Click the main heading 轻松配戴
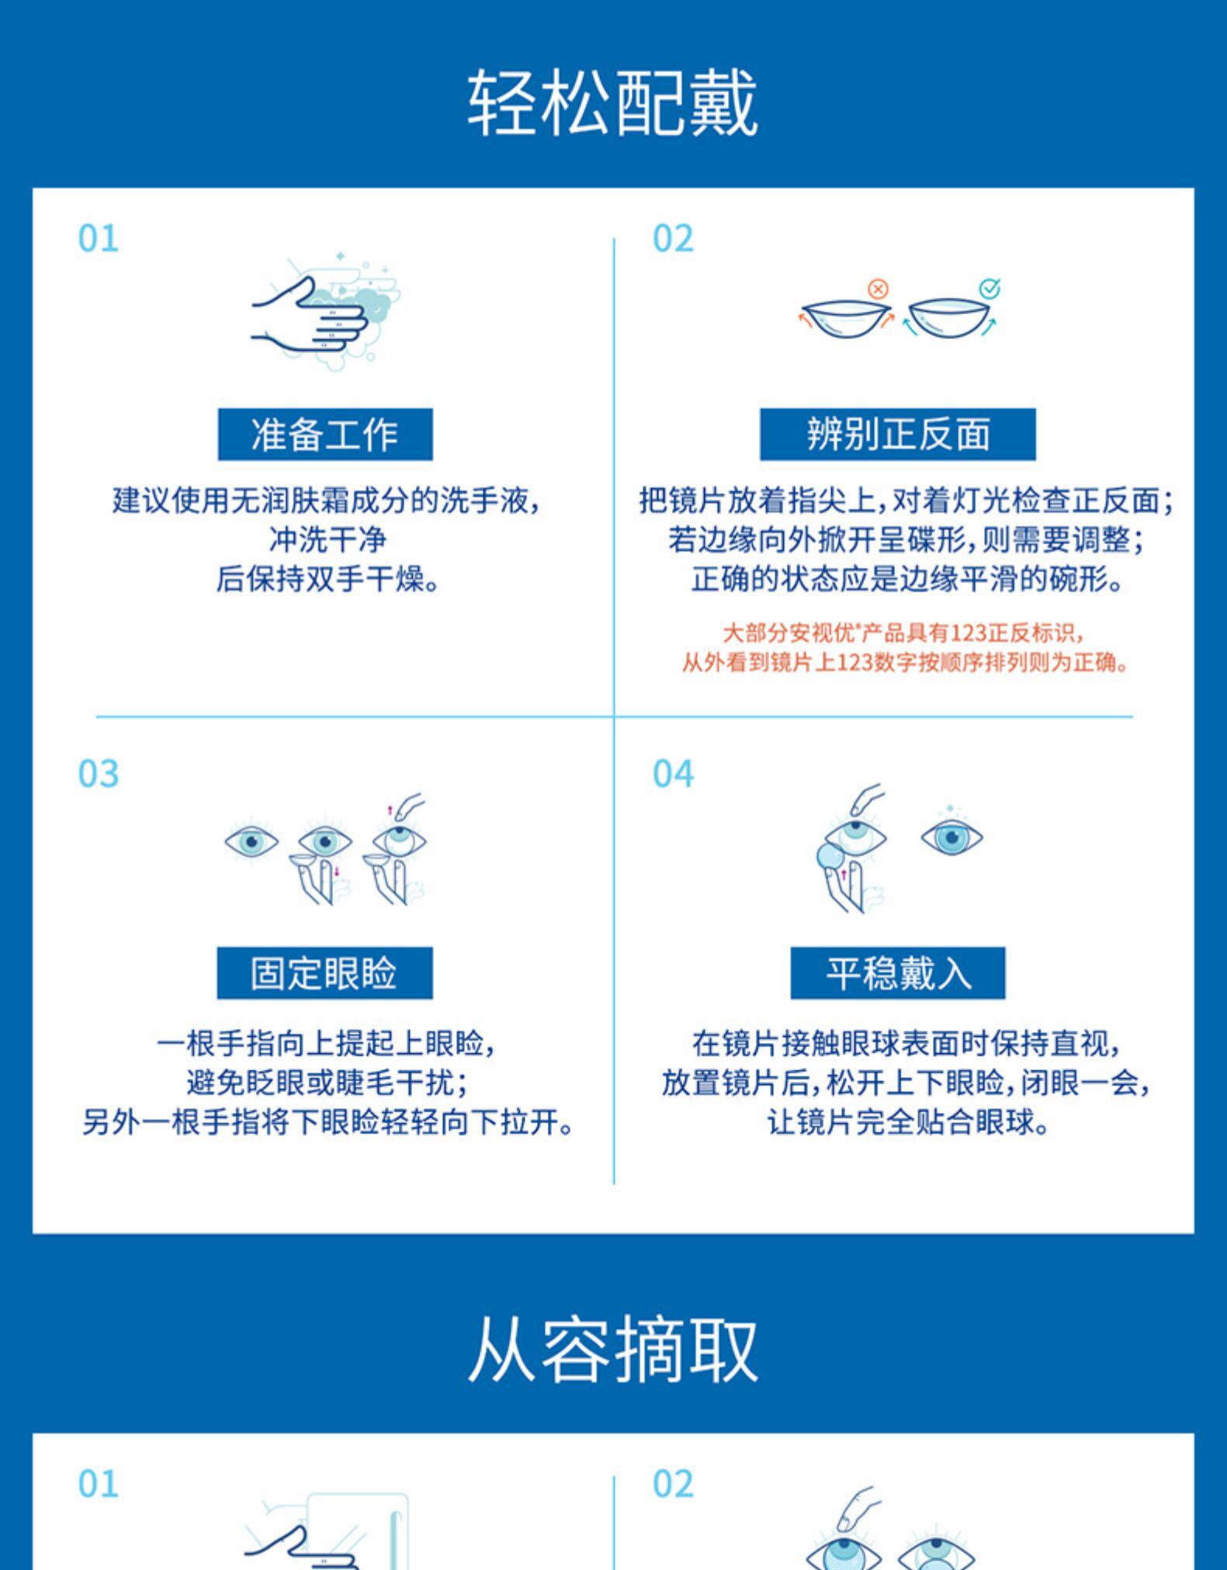coord(612,103)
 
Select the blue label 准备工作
coord(324,434)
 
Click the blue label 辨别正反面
coord(897,434)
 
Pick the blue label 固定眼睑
coord(324,972)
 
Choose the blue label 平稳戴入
coord(897,972)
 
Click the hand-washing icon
coord(325,311)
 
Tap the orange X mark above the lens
coord(878,289)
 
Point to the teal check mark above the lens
coord(990,289)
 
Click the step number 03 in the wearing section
coord(99,774)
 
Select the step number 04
coord(673,774)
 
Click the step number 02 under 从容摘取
coord(673,1483)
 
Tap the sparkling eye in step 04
coord(951,836)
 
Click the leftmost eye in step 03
coord(251,841)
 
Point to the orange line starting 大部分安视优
coord(902,633)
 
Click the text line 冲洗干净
coord(327,539)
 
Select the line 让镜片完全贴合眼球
coord(906,1121)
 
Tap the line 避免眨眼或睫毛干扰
coord(327,1083)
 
